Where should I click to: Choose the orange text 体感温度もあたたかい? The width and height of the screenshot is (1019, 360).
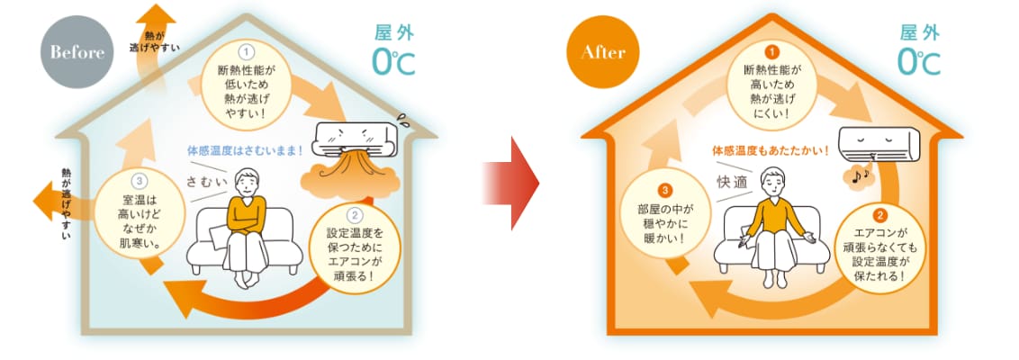pos(770,149)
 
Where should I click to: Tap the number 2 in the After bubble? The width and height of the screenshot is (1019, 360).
pos(879,216)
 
